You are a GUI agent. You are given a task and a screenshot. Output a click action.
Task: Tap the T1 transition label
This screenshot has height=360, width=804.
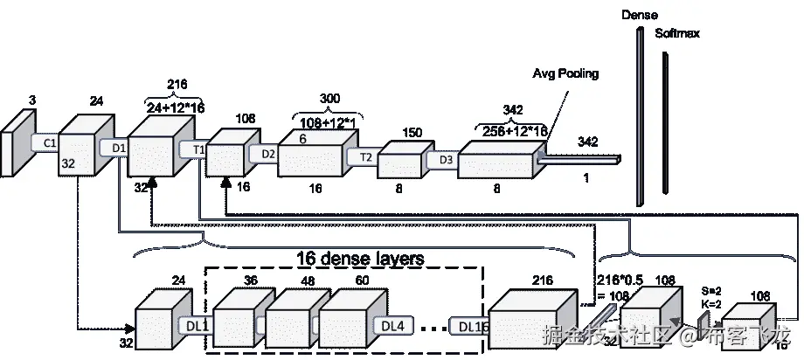198,149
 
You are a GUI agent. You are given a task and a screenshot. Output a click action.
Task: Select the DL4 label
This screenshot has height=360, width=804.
394,325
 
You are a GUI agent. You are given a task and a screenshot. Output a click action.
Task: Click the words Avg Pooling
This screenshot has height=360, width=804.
565,73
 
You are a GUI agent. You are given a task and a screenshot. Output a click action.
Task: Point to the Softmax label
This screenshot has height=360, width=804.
677,33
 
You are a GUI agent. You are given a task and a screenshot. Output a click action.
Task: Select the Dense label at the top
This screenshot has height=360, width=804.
639,15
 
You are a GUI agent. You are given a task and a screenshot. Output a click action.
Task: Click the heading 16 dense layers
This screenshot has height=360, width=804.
361,259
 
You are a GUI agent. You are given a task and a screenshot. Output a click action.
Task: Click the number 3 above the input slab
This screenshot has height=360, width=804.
31,101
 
